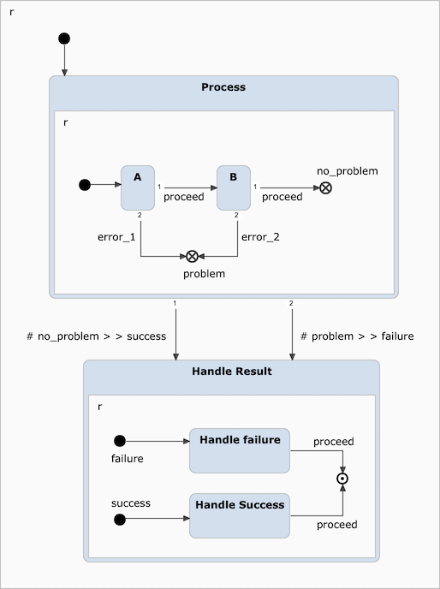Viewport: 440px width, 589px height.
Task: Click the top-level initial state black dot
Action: pyautogui.click(x=64, y=39)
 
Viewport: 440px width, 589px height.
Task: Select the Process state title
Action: pyautogui.click(x=223, y=87)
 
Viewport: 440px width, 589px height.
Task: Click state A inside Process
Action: pyautogui.click(x=138, y=187)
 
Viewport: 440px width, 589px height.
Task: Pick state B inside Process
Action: pyautogui.click(x=233, y=187)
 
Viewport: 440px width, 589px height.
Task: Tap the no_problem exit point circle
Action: pyautogui.click(x=326, y=187)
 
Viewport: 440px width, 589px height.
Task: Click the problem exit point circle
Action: pyautogui.click(x=193, y=256)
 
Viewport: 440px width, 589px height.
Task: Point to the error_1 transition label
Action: pyautogui.click(x=116, y=237)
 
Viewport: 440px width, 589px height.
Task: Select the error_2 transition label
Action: pyautogui.click(x=260, y=237)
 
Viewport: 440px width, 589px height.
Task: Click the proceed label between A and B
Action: pyautogui.click(x=184, y=197)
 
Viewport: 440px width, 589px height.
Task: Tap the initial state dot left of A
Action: pyautogui.click(x=84, y=184)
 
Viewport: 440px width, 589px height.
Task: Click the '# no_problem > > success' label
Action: pyautogui.click(x=97, y=336)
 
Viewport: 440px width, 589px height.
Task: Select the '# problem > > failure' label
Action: pyautogui.click(x=357, y=336)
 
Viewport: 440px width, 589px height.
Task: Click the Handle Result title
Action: pyautogui.click(x=231, y=372)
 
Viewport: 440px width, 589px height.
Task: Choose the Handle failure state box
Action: pyautogui.click(x=240, y=450)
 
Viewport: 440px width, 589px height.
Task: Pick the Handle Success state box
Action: pyautogui.click(x=240, y=515)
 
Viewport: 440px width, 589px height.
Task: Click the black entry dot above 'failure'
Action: pyautogui.click(x=120, y=441)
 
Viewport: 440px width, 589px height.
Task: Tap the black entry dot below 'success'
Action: pyautogui.click(x=120, y=520)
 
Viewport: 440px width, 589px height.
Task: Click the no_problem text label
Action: pyautogui.click(x=348, y=171)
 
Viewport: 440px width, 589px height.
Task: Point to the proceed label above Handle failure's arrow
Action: pyautogui.click(x=333, y=442)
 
